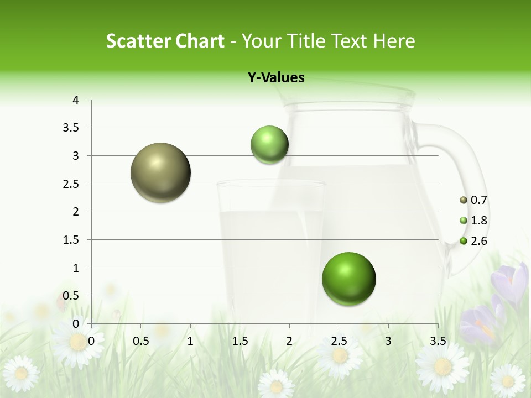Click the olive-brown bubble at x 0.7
pyautogui.click(x=160, y=172)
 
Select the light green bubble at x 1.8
pyautogui.click(x=269, y=145)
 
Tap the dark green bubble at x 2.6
pyautogui.click(x=348, y=279)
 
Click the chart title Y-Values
pyautogui.click(x=276, y=77)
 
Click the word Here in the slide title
pyautogui.click(x=394, y=41)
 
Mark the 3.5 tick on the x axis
pyautogui.click(x=438, y=341)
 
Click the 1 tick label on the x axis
pyautogui.click(x=190, y=341)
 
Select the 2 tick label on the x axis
pyautogui.click(x=289, y=341)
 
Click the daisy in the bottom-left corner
pyautogui.click(x=21, y=373)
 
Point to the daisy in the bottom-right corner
pyautogui.click(x=508, y=380)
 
